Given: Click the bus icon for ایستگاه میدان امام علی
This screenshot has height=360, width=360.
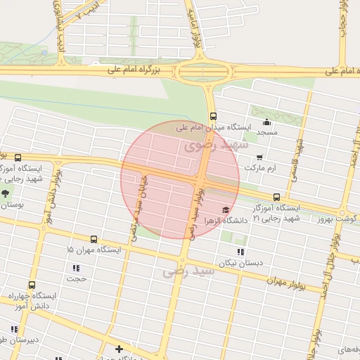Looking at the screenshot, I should [213, 117].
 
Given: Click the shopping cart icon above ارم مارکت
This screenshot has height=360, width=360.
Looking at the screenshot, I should [260, 157].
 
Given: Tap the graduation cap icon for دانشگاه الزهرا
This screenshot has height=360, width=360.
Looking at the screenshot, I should [225, 209].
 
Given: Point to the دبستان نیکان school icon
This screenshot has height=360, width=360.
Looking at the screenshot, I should [240, 251].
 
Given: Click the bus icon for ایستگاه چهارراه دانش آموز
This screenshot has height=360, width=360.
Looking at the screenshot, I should [31, 285].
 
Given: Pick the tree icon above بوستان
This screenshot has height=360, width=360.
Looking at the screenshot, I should [6, 193].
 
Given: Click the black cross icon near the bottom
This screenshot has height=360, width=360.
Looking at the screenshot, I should [119, 348].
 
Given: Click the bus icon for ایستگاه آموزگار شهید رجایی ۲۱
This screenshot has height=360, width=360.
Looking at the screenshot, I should [276, 197].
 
